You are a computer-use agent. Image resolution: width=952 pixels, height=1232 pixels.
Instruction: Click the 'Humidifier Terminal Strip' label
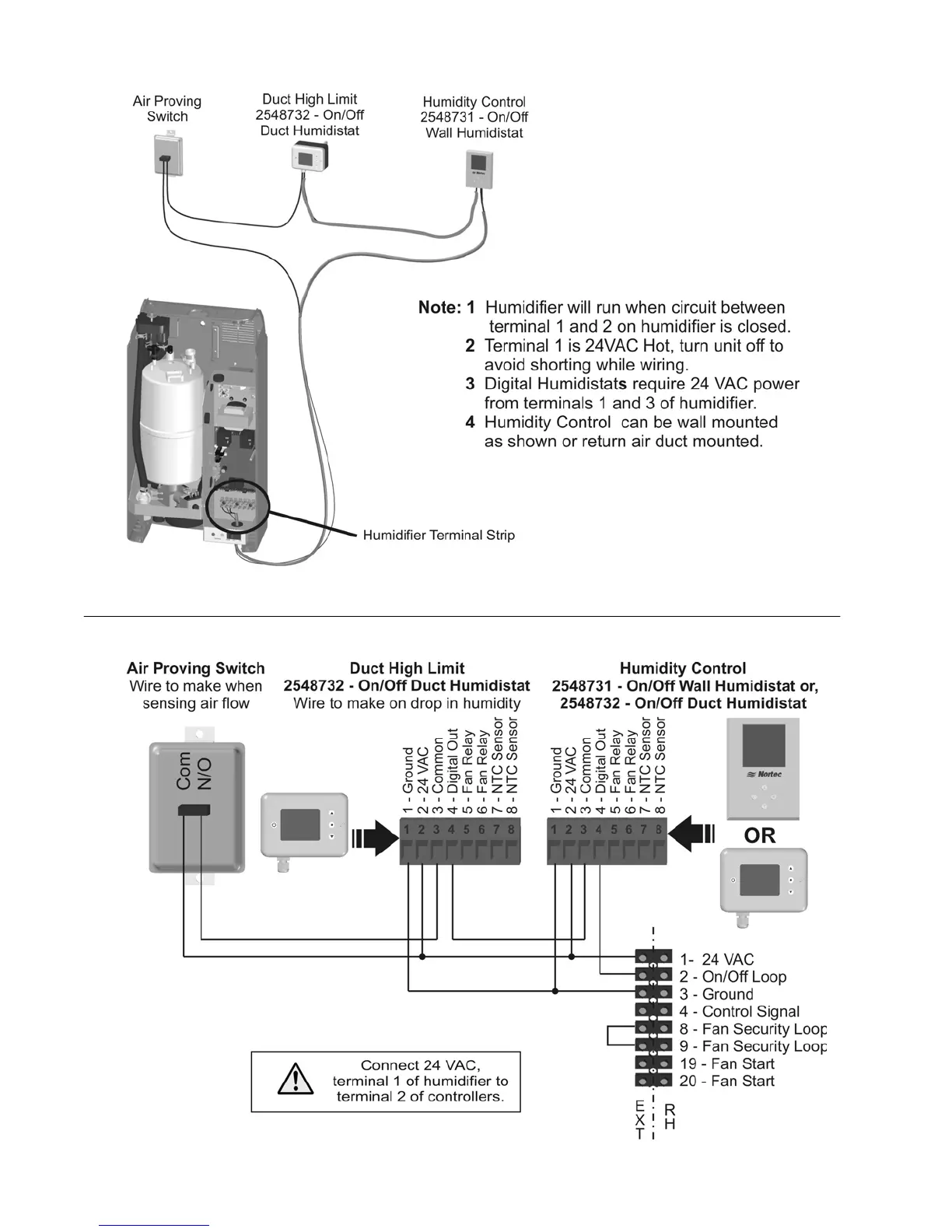coord(439,535)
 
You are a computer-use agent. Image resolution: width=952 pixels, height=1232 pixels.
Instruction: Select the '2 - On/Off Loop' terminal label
coord(733,977)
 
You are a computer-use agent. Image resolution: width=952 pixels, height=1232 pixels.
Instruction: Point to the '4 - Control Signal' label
coord(739,1011)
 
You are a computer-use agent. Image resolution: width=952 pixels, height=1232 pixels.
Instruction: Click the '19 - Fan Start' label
coord(726,1063)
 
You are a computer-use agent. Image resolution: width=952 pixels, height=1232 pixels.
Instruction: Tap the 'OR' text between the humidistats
coord(760,835)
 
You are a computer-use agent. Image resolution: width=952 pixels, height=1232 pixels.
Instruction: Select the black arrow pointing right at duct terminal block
coord(376,838)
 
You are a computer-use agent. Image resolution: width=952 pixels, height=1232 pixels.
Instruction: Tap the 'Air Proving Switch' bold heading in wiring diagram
coord(195,668)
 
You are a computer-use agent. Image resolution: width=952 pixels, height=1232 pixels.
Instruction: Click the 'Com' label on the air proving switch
coord(184,771)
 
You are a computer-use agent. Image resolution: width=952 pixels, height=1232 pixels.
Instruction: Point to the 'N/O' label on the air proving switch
coord(204,772)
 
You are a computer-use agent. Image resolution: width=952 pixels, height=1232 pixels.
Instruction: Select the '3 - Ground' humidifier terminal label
coord(716,994)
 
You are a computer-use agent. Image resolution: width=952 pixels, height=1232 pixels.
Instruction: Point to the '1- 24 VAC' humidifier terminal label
coord(716,960)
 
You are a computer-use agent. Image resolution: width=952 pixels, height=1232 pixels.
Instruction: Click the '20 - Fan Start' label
coord(726,1080)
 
